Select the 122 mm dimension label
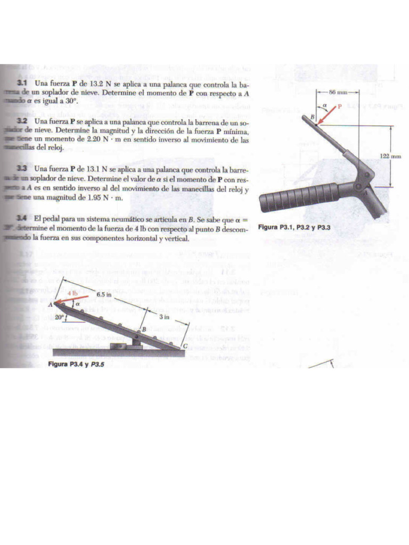(x=391, y=155)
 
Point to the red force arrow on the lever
(x=326, y=116)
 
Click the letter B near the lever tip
(x=313, y=117)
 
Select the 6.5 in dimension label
(x=103, y=294)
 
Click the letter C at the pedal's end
(x=185, y=346)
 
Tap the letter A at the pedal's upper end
(x=50, y=305)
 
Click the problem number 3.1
(x=22, y=84)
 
